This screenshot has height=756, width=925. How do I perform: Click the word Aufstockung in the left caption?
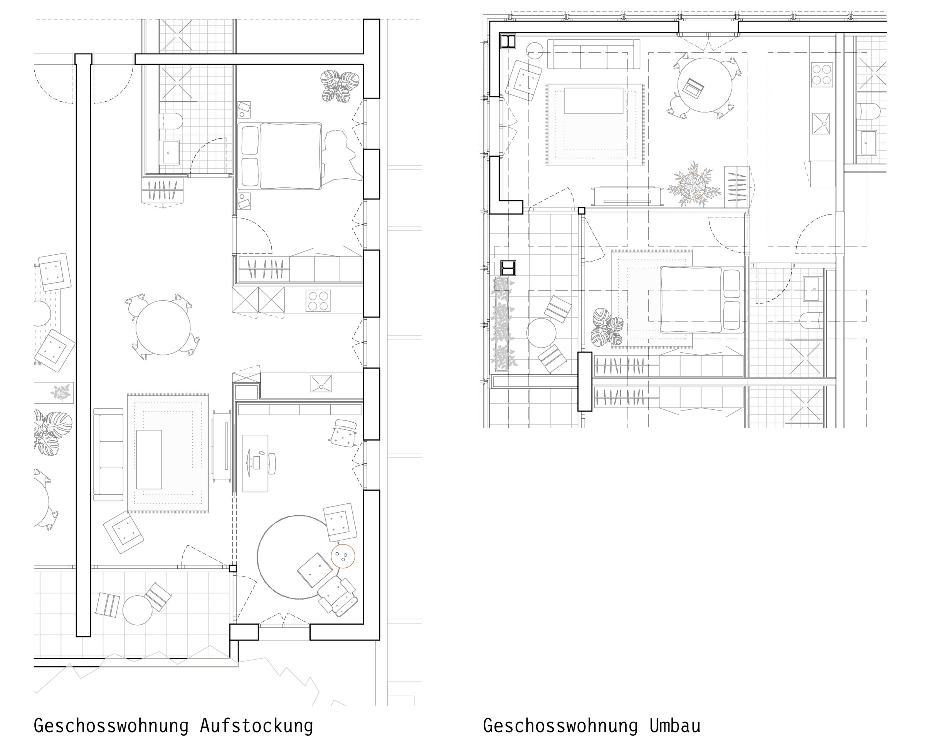point(256,726)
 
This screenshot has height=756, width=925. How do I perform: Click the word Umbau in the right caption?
point(675,726)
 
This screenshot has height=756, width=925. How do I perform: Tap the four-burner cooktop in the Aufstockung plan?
point(318,300)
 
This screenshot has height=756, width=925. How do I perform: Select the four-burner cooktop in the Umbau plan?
point(822,74)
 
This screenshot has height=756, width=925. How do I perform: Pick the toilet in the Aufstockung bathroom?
point(171,121)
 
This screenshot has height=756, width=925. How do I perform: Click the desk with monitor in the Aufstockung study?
point(255,463)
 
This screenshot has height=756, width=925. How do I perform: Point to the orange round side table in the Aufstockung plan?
point(343,556)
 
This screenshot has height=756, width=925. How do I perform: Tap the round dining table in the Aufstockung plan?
point(163,327)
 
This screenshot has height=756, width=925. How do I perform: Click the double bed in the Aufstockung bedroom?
point(280,156)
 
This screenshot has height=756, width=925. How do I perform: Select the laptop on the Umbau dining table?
point(693,88)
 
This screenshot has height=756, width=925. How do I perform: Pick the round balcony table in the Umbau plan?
point(541,333)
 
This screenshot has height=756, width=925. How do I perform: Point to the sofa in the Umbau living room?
point(594,54)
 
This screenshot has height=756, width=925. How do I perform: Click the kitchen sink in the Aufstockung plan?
point(321,384)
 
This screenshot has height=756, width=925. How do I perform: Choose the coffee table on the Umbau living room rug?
point(594,101)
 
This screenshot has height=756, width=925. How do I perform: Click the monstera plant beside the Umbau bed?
point(607,327)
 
